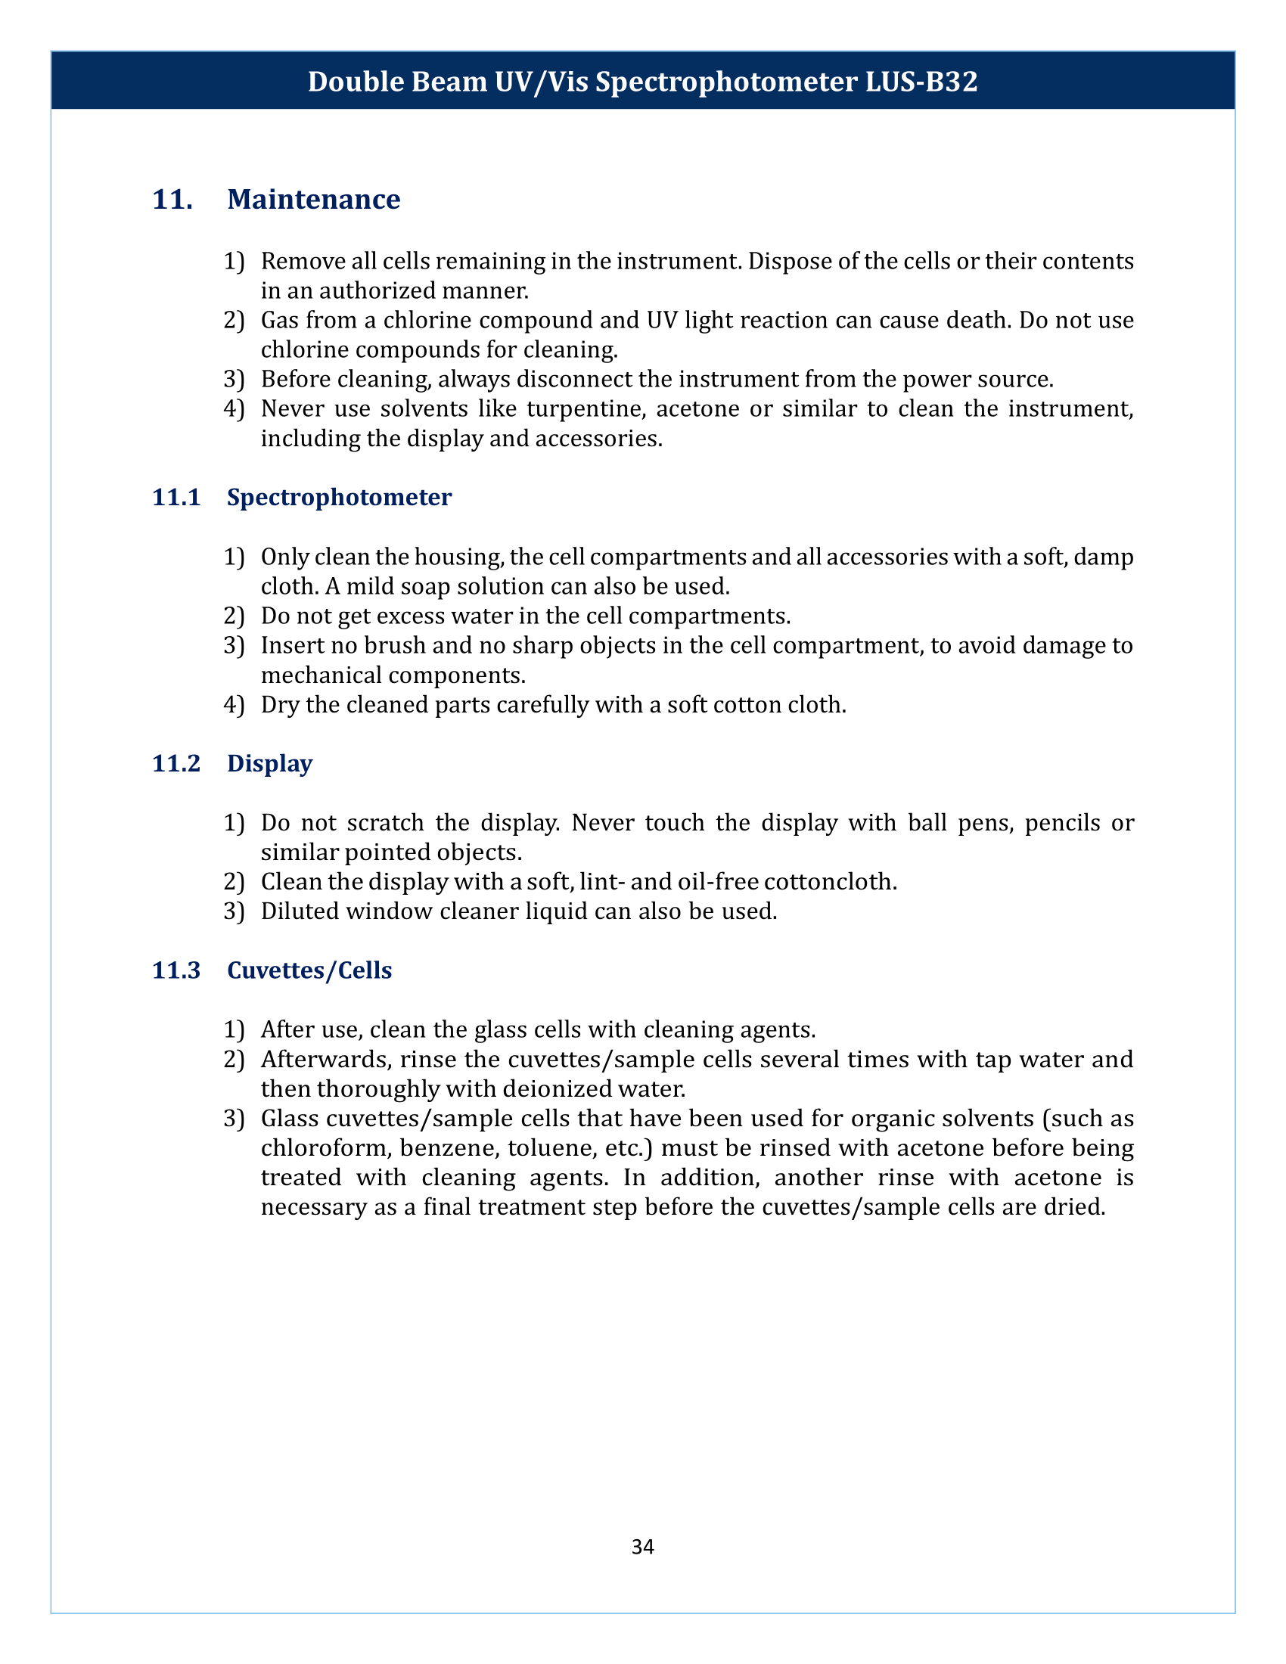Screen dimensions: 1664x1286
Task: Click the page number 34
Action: click(x=642, y=1547)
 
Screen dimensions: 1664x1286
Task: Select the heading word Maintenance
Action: click(x=313, y=200)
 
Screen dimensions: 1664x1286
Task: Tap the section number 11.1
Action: click(x=176, y=498)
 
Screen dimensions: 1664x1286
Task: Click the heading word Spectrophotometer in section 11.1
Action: click(x=339, y=498)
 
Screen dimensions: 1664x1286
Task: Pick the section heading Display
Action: click(x=270, y=763)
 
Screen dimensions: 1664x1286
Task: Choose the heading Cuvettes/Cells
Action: click(x=309, y=970)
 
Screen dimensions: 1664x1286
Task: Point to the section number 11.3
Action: click(x=176, y=970)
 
